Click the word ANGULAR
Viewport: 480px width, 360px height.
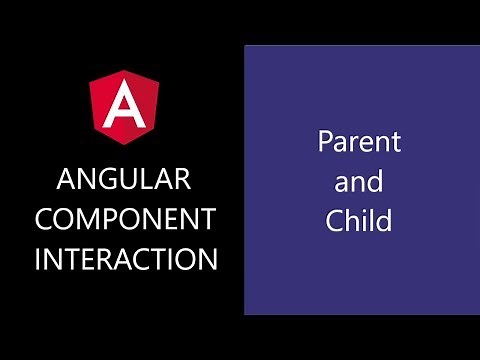point(126,180)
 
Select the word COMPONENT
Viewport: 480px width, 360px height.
point(126,219)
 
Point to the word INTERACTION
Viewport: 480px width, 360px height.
point(126,259)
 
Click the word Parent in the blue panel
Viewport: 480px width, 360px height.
point(360,142)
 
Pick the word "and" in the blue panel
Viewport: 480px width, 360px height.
point(360,182)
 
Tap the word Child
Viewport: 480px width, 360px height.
point(359,221)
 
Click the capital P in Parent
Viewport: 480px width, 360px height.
point(326,142)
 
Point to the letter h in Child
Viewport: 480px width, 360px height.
point(353,221)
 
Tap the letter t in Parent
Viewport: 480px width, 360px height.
point(395,142)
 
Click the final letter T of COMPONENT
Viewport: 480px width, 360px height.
point(207,219)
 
